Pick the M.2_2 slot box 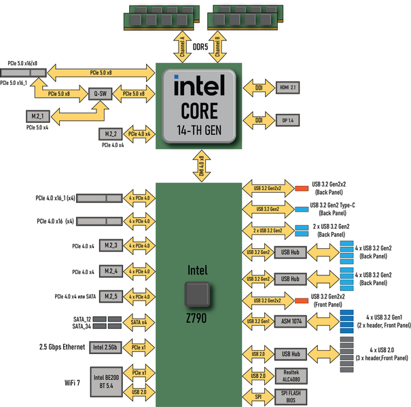click(x=111, y=134)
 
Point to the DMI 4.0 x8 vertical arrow click(x=201, y=166)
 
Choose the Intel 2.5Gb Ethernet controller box click(x=105, y=347)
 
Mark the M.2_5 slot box click(x=111, y=296)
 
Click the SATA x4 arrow click(x=139, y=322)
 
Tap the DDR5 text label click(x=200, y=47)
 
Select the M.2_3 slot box click(x=111, y=245)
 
